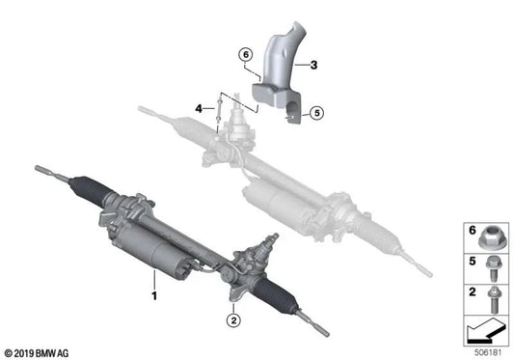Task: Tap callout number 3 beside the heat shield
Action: pos(301,64)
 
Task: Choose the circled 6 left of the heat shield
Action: pos(245,54)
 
